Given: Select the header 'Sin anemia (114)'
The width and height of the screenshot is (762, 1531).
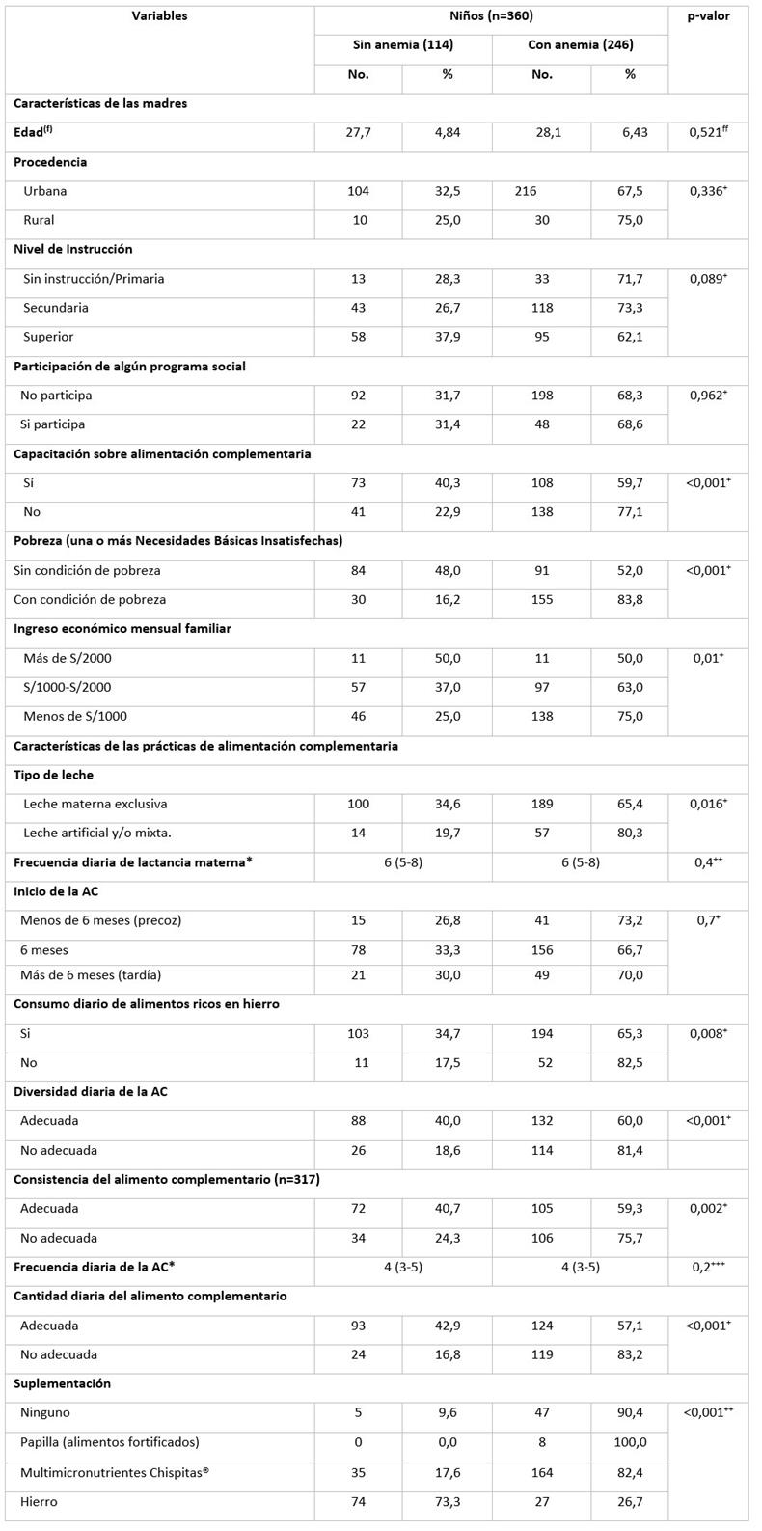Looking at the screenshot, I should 402,45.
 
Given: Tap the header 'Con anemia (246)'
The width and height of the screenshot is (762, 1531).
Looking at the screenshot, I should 580,45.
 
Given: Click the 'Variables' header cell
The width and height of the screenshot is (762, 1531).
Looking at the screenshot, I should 160,16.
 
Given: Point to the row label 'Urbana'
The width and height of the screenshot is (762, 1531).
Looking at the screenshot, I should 45,191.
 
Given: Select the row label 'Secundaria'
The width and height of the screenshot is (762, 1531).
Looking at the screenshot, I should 56,308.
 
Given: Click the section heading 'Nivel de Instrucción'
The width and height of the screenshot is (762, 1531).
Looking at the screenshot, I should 73,249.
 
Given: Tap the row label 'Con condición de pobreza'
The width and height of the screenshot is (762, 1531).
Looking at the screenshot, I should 90,599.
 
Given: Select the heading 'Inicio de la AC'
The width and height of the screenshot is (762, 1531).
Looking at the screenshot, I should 59,891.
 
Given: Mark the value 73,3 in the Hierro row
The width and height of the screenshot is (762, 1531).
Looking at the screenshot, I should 448,1501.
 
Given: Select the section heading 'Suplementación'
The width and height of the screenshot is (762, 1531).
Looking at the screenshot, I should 62,1383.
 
